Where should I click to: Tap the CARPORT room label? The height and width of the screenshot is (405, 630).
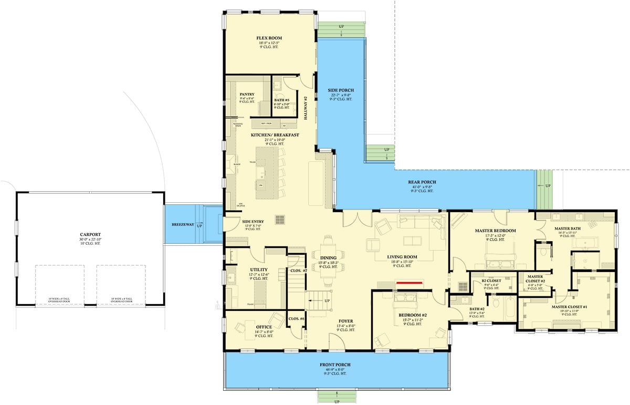tap(90, 235)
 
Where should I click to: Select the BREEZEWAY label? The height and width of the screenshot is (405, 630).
tap(183, 224)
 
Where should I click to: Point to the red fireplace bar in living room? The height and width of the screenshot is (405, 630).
tap(411, 282)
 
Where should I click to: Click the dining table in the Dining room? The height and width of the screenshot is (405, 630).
tap(329, 257)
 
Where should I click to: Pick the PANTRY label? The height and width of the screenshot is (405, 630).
tap(247, 95)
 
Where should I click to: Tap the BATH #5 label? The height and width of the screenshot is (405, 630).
tap(282, 100)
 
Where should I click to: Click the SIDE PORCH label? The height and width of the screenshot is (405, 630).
tap(340, 90)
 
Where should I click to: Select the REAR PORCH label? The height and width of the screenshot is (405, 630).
tap(422, 182)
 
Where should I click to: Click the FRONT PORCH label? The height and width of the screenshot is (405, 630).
tap(335, 364)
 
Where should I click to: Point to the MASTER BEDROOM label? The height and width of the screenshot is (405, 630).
tap(495, 231)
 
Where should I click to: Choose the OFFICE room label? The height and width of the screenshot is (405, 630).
tap(264, 327)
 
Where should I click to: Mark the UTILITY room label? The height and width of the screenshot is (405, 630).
tap(258, 269)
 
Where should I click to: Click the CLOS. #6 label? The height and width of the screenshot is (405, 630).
tap(297, 319)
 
